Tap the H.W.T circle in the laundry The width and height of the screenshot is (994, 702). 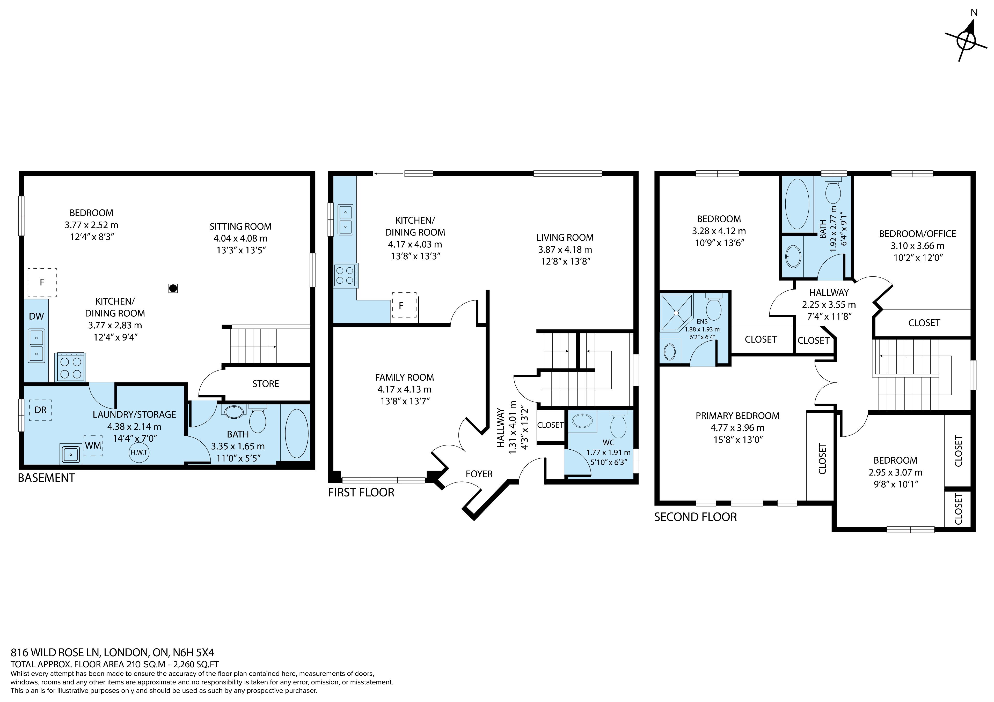point(139,452)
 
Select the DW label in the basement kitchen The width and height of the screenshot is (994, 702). point(36,316)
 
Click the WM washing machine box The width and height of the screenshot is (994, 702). point(93,446)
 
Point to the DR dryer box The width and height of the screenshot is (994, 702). point(40,410)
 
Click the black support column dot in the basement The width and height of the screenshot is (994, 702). point(173,288)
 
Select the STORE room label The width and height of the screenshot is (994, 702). point(266,384)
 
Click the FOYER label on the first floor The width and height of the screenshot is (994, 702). point(479,474)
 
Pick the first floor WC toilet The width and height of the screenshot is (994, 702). point(618,425)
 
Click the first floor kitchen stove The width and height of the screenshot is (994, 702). point(346,276)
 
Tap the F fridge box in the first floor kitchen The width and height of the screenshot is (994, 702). point(404,305)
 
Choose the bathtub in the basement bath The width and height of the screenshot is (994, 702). point(297,433)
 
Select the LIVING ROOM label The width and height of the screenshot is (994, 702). point(565,237)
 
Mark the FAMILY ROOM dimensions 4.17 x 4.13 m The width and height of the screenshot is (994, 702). point(404,389)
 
